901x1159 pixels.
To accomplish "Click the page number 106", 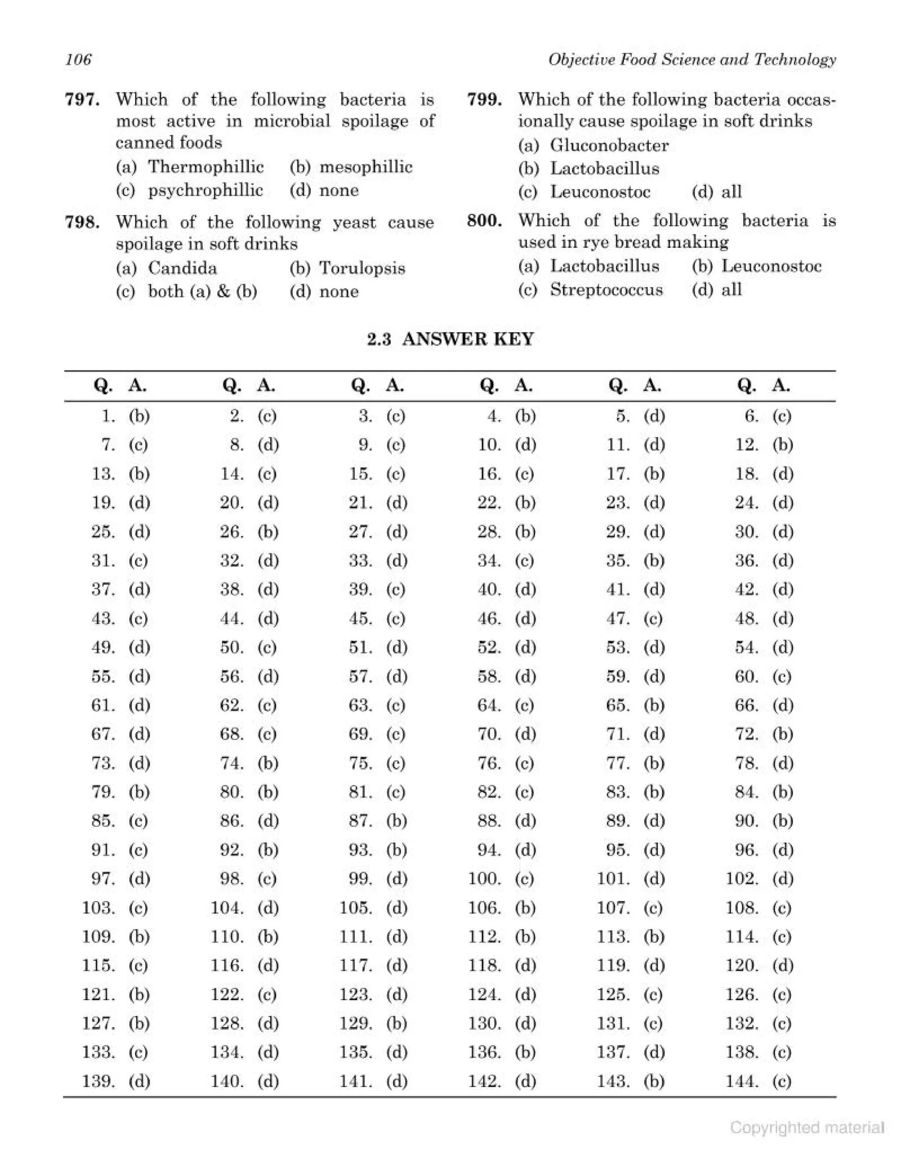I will point(78,59).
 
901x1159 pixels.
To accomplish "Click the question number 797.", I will point(82,99).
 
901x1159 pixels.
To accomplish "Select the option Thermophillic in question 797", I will point(205,167).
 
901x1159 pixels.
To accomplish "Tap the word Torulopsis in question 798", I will point(362,268).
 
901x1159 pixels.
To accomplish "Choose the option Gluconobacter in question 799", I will point(609,145).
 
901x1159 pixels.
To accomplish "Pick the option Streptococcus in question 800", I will point(606,290).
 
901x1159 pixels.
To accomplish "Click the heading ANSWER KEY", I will point(468,339).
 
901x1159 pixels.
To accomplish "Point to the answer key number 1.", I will point(108,416).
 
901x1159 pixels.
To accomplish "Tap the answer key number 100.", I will point(484,879).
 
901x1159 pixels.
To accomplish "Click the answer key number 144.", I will point(741,1082).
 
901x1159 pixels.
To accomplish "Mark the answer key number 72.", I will point(746,734).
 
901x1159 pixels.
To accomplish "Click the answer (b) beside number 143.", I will point(654,1082).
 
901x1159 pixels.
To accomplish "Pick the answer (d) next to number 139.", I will point(139,1082).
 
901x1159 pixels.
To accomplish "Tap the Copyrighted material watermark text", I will point(806,1127).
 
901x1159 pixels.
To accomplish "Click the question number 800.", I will point(484,220).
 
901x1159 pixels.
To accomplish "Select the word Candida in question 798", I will point(182,268).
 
